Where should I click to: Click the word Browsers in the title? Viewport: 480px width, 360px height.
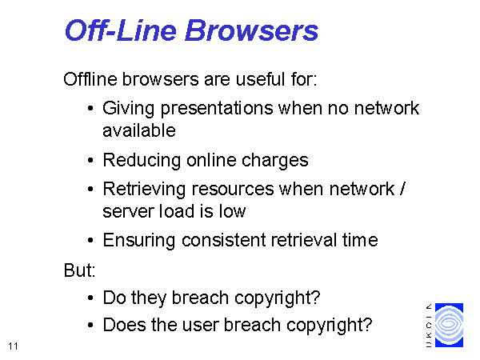coord(252,30)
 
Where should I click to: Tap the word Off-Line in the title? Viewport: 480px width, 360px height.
coord(121,30)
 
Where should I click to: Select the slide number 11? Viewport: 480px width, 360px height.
coord(13,346)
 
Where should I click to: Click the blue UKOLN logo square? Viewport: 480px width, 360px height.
coord(449,325)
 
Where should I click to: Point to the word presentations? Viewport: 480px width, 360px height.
coord(217,109)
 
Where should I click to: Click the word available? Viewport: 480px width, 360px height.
coord(139,130)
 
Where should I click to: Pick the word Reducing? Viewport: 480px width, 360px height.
coord(142,161)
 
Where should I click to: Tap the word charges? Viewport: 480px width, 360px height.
coord(274,161)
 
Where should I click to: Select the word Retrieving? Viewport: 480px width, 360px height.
coord(144,189)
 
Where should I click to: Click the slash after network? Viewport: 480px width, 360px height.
coord(402,189)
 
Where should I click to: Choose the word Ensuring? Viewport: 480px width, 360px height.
coord(138,240)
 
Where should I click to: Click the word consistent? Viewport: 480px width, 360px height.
coord(224,240)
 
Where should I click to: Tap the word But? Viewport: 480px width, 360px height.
coord(79,270)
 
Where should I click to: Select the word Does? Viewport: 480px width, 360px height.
coord(124,325)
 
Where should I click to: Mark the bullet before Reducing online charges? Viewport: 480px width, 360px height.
coord(90,160)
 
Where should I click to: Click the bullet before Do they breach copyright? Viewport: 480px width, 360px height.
coord(90,298)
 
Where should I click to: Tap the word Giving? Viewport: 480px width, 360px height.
coord(128,109)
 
